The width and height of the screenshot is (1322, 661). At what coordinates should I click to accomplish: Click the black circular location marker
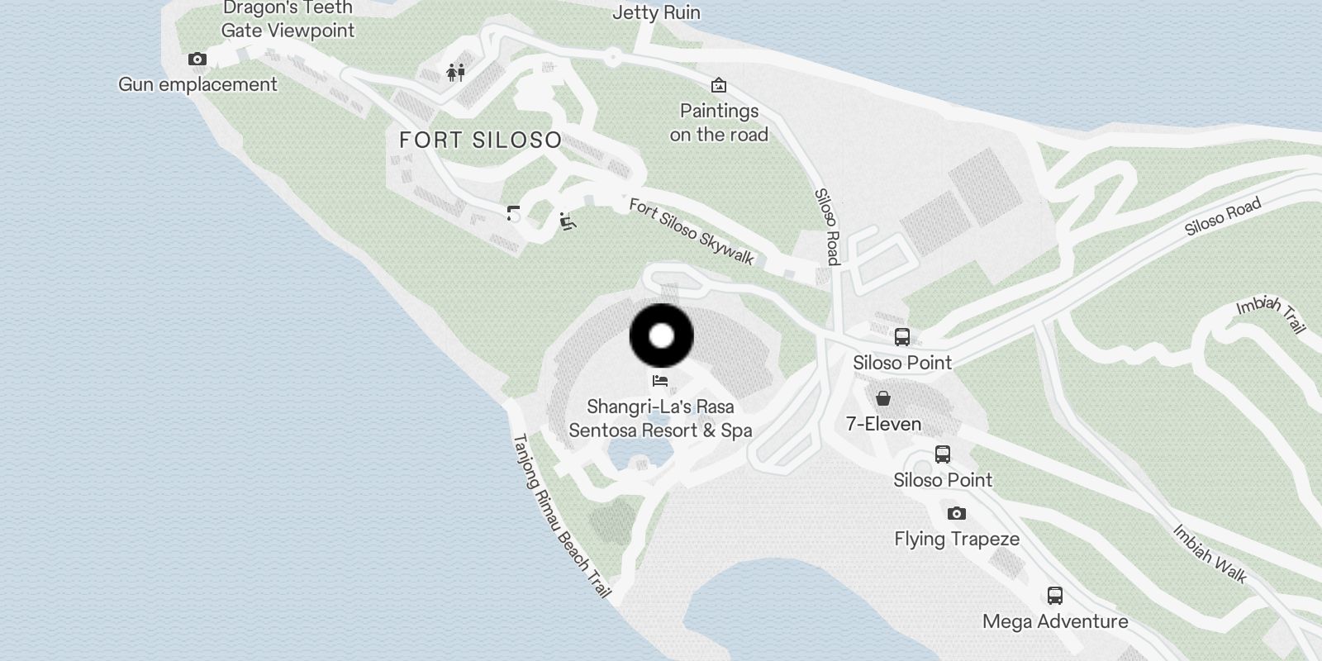(661, 335)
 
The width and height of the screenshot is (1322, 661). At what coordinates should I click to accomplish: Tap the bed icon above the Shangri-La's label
(659, 381)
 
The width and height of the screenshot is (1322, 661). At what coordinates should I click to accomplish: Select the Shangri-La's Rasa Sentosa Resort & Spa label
(660, 418)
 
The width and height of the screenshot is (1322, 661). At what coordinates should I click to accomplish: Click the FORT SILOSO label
(480, 140)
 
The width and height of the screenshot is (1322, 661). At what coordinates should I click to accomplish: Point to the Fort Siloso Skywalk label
(692, 232)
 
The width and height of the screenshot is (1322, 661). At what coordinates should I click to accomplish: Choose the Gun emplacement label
(197, 84)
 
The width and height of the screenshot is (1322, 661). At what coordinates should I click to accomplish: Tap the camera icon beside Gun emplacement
(197, 59)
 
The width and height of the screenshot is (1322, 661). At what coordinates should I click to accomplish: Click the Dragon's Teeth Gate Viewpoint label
(288, 20)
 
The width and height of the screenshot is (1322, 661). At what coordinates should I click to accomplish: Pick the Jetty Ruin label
(656, 12)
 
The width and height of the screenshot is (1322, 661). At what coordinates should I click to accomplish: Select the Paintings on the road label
(719, 122)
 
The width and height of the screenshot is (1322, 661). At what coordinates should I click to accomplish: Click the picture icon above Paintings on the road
(719, 85)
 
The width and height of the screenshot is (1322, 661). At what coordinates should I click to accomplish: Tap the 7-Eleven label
(883, 424)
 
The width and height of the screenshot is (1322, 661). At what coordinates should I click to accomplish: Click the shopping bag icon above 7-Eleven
(883, 399)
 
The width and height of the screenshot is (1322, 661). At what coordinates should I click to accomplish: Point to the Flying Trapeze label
(957, 539)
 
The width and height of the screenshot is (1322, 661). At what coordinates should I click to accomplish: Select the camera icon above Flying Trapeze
(956, 513)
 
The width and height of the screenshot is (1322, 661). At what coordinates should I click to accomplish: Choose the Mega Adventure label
(1055, 621)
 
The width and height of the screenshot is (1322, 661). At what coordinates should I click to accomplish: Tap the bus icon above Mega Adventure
(1054, 596)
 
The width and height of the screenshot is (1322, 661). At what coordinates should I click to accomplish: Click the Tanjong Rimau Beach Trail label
(561, 516)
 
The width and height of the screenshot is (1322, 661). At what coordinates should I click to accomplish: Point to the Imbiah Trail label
(1272, 314)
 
